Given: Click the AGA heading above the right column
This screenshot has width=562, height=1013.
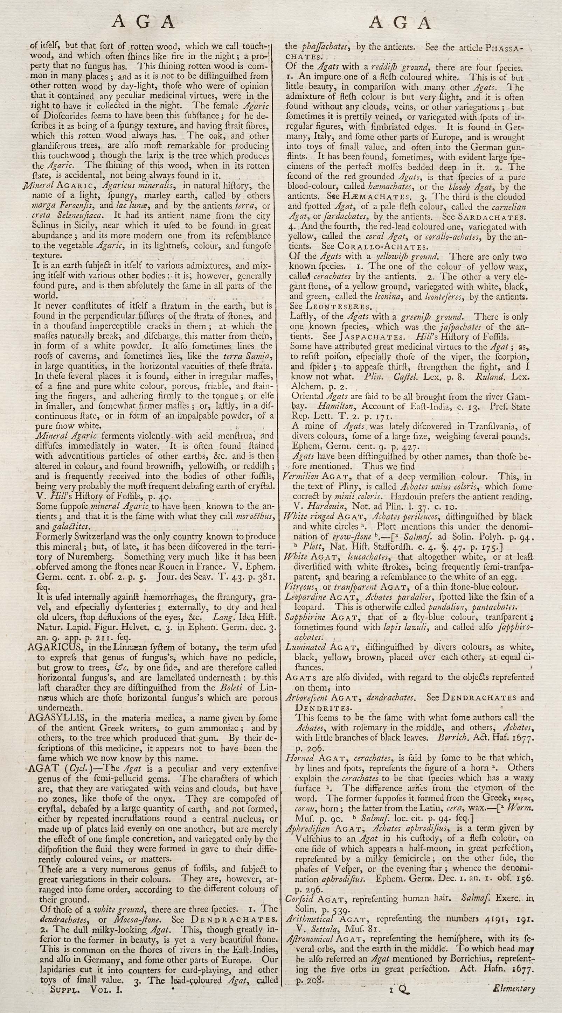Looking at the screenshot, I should (400, 23).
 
